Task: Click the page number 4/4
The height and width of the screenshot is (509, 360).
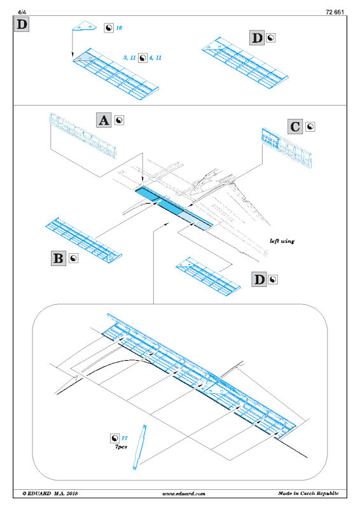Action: coord(22,12)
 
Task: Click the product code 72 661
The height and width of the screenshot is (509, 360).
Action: coord(335,12)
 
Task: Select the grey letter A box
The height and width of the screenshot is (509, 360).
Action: coord(104,120)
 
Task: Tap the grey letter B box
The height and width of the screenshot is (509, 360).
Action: coord(59,258)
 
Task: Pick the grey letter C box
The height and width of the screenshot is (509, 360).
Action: coord(295,126)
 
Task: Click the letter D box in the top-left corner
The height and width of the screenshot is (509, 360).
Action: coord(22,24)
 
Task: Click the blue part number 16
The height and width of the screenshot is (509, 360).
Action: coord(119,28)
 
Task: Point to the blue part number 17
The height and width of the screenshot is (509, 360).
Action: coord(124,438)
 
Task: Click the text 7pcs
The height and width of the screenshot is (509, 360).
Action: coord(121,447)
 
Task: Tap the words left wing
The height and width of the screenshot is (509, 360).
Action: coord(282,241)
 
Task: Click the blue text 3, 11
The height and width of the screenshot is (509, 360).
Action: coord(129,58)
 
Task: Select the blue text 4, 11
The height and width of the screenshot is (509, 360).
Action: coord(155,58)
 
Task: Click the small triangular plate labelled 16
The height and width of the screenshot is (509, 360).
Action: coord(85,26)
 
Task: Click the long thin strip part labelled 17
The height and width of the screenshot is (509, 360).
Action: coord(139,447)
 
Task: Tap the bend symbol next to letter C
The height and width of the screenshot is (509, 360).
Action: coord(310,127)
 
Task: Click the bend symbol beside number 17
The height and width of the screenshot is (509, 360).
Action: coord(114,438)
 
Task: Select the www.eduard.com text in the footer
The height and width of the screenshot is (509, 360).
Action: coord(184,494)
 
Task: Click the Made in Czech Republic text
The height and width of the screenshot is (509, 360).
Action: coord(308,494)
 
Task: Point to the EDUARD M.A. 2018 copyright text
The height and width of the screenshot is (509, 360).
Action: coord(50,494)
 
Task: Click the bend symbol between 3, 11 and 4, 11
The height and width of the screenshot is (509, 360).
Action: coord(142,58)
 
